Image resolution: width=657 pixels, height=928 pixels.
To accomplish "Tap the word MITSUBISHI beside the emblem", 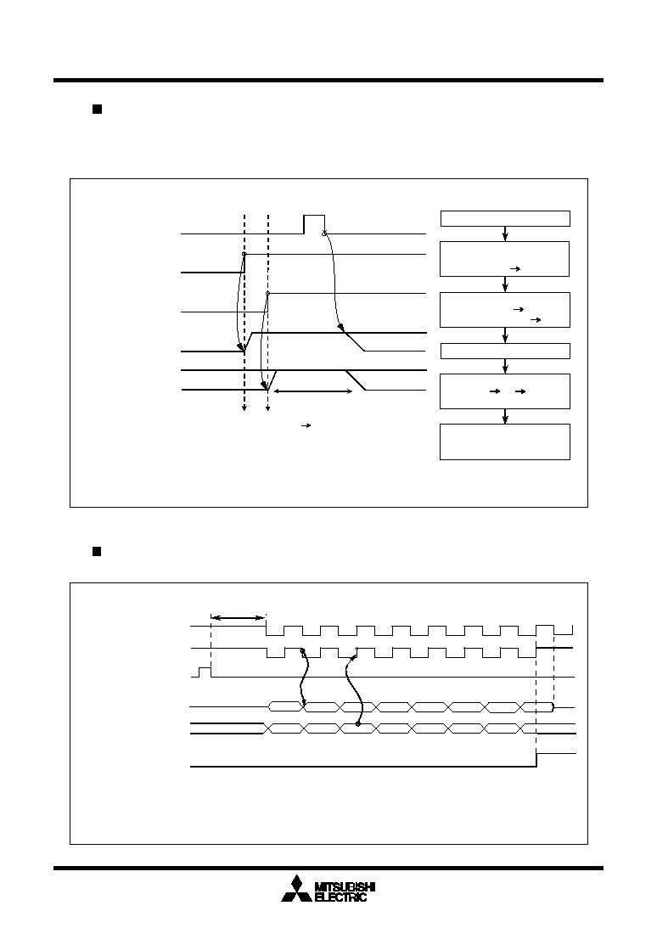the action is pos(345,887).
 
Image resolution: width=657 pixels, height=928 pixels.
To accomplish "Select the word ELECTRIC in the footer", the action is pos(340,897).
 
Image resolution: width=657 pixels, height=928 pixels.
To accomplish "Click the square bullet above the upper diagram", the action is pos(97,109).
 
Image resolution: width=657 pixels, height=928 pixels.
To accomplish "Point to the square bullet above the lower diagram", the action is pos(97,552).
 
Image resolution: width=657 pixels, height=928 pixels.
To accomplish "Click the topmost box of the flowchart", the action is pos(505,218).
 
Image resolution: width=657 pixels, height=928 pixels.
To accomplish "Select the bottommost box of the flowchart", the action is pos(505,442).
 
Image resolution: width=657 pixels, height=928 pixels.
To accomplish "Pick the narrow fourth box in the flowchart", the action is pos(505,351).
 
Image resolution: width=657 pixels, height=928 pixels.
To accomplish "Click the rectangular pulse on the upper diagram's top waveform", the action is pos(314,224).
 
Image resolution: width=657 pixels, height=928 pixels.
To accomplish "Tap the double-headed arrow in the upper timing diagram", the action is pos(312,391).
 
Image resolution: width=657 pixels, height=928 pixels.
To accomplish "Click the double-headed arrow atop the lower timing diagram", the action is pos(239,618).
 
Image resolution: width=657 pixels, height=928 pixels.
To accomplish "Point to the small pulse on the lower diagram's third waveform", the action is pos(205,672).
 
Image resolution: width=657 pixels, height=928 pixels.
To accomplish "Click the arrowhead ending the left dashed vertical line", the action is pos(244,408).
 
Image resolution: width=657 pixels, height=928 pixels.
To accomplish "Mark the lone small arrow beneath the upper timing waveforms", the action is pos(306,425).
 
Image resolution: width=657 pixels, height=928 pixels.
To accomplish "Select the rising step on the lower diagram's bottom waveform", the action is pos(536,760).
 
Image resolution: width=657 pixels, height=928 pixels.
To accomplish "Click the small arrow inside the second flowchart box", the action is pos(515,268).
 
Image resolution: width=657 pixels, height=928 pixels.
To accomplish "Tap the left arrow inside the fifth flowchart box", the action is pos(494,391).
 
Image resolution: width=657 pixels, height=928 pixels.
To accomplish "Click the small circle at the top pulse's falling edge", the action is pos(324,233).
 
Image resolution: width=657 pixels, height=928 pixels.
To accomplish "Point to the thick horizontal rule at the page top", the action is pos(328,80).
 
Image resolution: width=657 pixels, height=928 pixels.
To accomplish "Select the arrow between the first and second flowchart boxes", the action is pos(505,233).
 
